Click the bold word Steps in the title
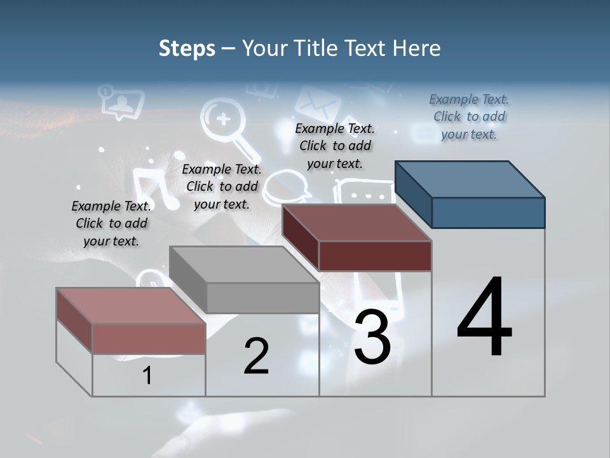(187, 48)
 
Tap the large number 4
(484, 318)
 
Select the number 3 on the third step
(372, 337)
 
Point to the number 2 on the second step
(256, 356)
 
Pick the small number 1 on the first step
(147, 376)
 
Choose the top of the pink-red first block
(131, 306)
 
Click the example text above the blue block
(469, 116)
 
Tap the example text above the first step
(111, 223)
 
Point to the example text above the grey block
(222, 186)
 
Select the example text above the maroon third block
(335, 146)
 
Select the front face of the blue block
(488, 212)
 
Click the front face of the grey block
(262, 298)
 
